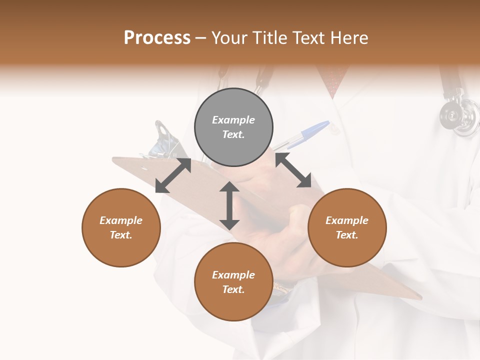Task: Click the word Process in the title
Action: pos(157,38)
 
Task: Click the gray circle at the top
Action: pos(233,127)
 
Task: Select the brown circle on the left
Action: pos(121,227)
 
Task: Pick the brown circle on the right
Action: pos(347,227)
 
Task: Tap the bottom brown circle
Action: pos(233,281)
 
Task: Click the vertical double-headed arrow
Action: pos(229,205)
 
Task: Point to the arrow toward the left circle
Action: pos(173,175)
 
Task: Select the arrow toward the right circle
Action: pos(293,170)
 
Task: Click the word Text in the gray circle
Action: pos(233,134)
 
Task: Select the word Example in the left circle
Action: pos(121,220)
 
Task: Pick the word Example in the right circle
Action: pos(347,220)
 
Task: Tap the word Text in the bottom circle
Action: pos(233,289)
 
